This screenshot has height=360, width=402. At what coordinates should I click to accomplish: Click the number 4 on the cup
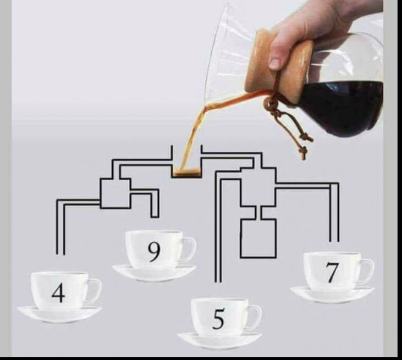coord(58,292)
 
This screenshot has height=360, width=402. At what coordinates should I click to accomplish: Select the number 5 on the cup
coord(218,319)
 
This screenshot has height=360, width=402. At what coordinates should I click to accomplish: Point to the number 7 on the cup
coord(331,273)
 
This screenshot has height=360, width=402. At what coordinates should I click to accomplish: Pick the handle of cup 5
coord(254,318)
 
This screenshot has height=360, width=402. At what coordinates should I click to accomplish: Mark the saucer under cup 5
coord(219,339)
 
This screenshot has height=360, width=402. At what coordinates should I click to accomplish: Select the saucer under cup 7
coord(332,294)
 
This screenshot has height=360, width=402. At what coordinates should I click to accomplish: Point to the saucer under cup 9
coord(154,271)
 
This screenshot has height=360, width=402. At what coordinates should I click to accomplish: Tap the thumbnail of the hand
coord(275,63)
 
